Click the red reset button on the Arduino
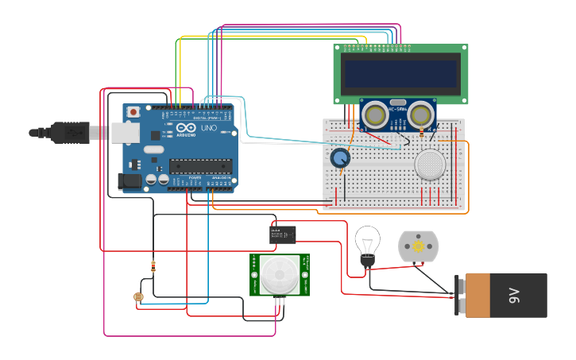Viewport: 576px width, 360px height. click(x=133, y=112)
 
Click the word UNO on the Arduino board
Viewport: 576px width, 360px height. click(x=208, y=128)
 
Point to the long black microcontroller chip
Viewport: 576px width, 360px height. click(x=200, y=166)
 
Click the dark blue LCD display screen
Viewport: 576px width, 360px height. click(x=400, y=74)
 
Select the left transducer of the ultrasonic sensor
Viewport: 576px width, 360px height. click(x=375, y=115)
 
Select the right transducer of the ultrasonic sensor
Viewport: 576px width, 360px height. click(x=420, y=115)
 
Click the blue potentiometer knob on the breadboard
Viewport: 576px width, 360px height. click(x=340, y=157)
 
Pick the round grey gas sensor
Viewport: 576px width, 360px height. click(x=430, y=165)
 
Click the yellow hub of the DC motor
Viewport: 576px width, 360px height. click(x=418, y=247)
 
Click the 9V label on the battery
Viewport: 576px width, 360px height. click(x=514, y=296)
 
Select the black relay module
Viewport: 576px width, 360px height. click(x=283, y=234)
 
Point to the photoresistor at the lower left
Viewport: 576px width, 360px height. click(x=138, y=298)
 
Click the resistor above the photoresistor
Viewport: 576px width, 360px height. click(x=153, y=266)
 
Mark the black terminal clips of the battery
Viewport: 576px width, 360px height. click(x=459, y=296)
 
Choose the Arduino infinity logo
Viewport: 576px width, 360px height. click(x=186, y=128)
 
